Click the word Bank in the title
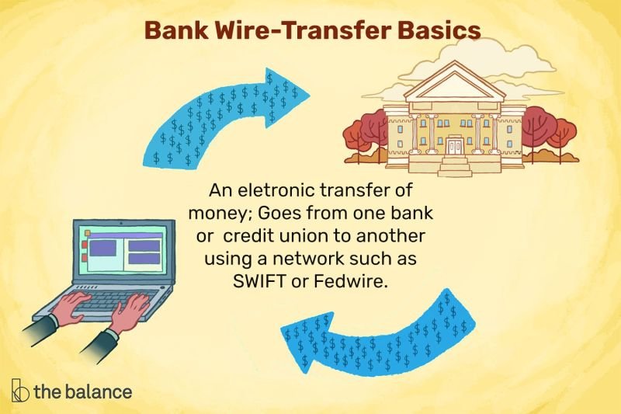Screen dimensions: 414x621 click(172, 31)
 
